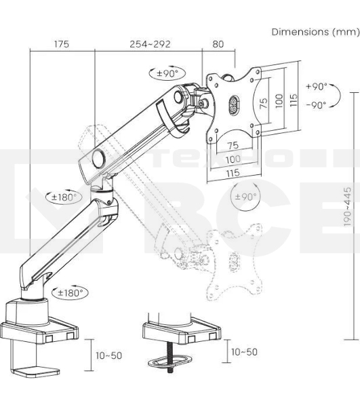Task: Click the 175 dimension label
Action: pyautogui.click(x=62, y=44)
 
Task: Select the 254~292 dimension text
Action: pyautogui.click(x=151, y=44)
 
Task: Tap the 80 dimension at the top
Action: pyautogui.click(x=218, y=44)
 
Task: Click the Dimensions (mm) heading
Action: pyautogui.click(x=315, y=32)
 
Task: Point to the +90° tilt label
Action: pyautogui.click(x=317, y=86)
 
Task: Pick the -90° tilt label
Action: pyautogui.click(x=316, y=105)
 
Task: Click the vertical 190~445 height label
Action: pyautogui.click(x=348, y=206)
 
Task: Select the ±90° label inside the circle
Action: pyautogui.click(x=245, y=197)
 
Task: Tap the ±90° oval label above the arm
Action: pyautogui.click(x=167, y=73)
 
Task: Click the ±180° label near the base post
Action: pyautogui.click(x=70, y=293)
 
